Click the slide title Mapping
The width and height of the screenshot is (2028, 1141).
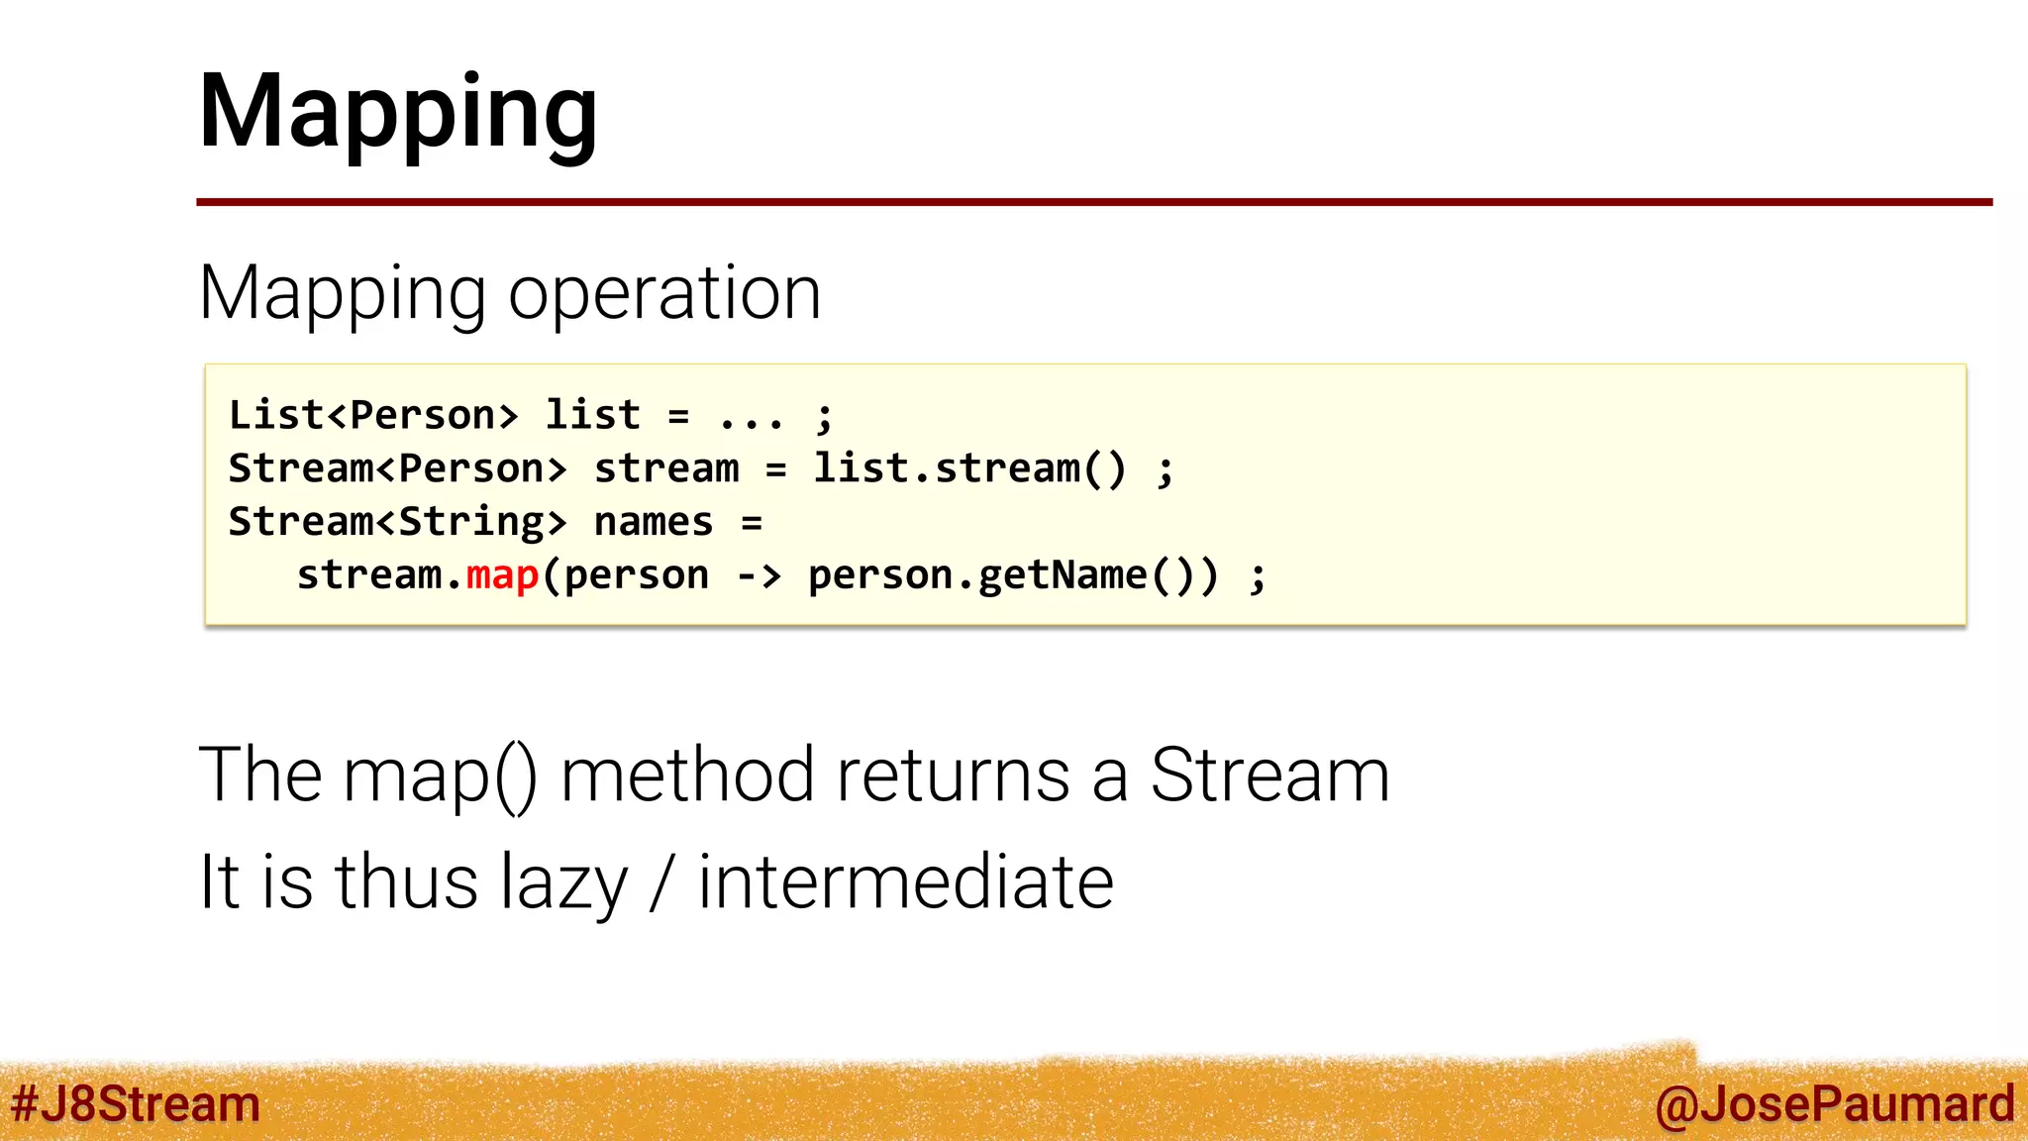click(398, 111)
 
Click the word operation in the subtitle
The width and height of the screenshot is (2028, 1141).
click(664, 293)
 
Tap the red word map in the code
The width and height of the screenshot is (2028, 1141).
click(502, 575)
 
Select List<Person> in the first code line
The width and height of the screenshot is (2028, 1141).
click(373, 415)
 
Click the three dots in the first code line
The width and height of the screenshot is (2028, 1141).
click(752, 417)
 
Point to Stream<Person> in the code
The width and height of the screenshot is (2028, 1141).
click(398, 468)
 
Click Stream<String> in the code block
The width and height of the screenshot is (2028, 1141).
click(398, 522)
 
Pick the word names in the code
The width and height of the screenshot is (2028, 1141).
click(654, 522)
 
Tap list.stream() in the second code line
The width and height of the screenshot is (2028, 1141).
click(969, 468)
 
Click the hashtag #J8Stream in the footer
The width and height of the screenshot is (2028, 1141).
click(136, 1104)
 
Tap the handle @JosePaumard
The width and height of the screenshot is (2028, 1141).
click(1834, 1104)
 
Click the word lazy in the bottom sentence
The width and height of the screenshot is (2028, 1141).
click(563, 882)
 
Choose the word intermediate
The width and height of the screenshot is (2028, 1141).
click(906, 882)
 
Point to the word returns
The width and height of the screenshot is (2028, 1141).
click(953, 775)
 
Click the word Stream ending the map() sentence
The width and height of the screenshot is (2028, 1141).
click(1269, 775)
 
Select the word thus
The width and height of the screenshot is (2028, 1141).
click(407, 882)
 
